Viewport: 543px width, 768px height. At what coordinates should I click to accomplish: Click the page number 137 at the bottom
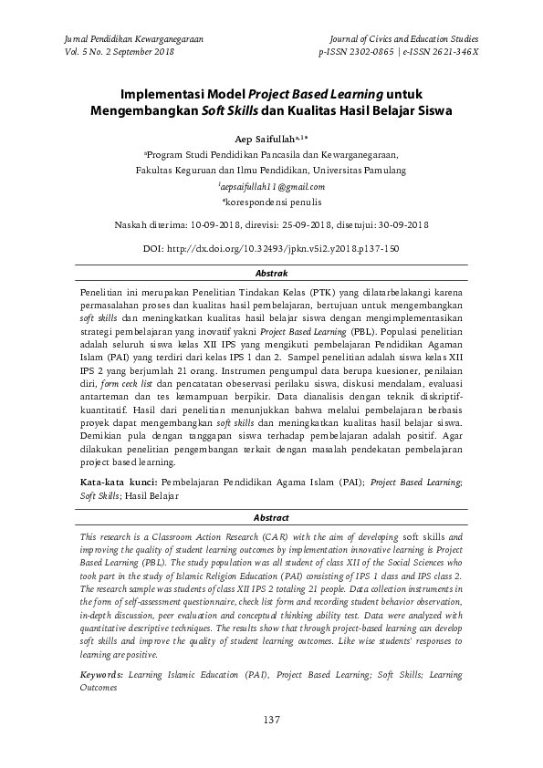tap(271, 721)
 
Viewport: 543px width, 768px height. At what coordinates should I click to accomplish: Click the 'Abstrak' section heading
tap(271, 274)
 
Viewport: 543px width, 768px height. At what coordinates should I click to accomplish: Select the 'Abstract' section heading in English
tap(271, 517)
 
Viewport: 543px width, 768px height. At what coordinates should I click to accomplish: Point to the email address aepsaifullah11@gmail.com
tap(272, 185)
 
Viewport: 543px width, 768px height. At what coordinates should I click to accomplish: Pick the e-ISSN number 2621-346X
tap(445, 53)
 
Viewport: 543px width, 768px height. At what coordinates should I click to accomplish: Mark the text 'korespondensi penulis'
tap(274, 201)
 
